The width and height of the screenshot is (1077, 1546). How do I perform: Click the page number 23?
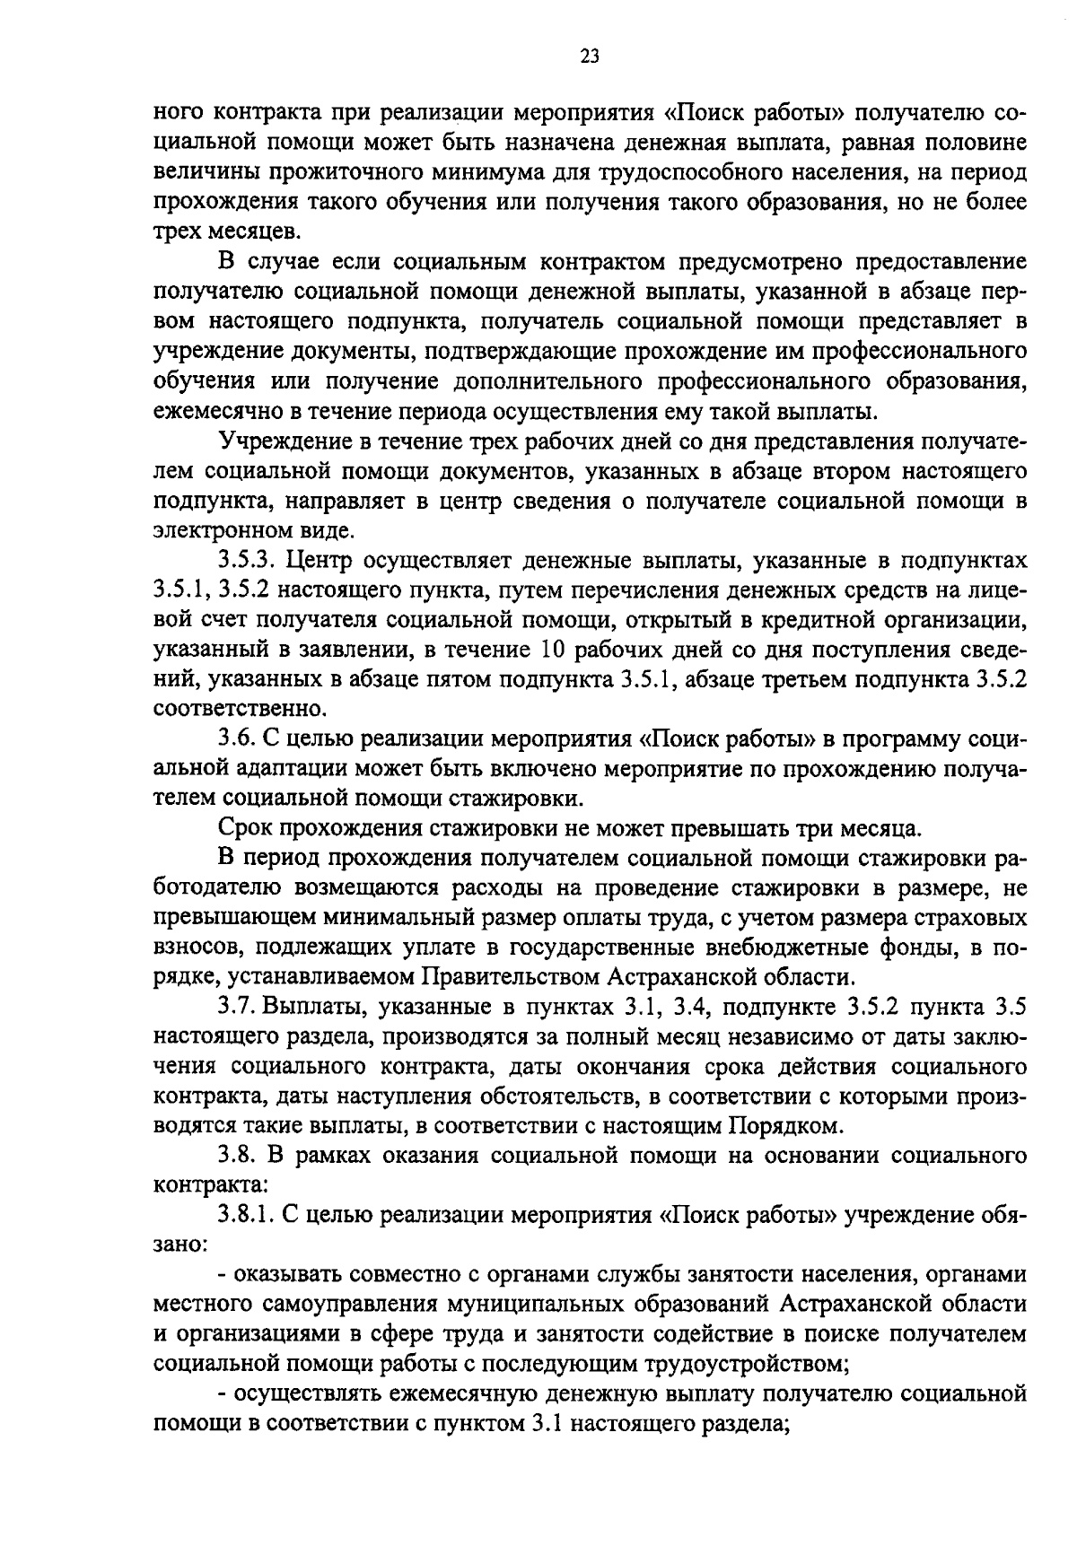[589, 57]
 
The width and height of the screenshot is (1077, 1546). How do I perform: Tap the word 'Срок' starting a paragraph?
[246, 827]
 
